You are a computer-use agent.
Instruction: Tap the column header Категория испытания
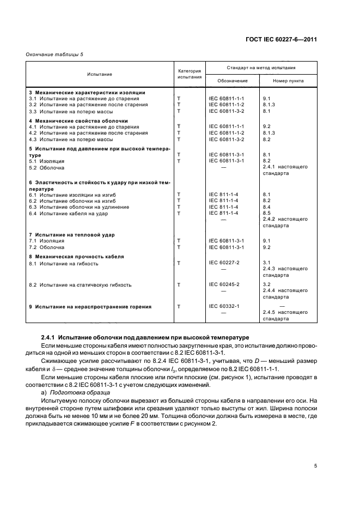coord(190,74)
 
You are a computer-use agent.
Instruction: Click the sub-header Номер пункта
coord(289,81)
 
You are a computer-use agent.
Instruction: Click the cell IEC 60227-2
coord(224,263)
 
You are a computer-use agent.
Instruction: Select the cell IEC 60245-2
coord(224,284)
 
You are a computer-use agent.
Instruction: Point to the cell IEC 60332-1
coord(224,306)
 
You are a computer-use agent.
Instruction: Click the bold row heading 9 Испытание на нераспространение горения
coord(90,306)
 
